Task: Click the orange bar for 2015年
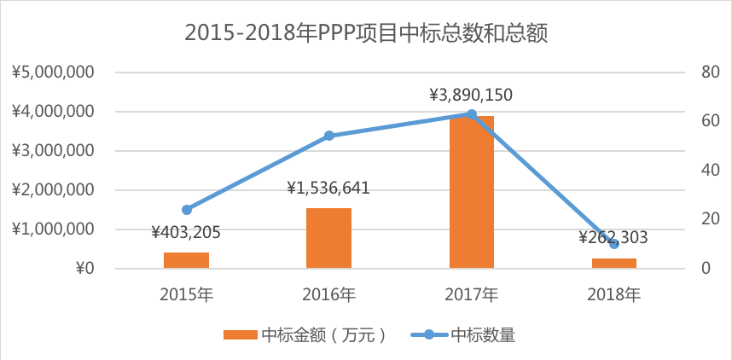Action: click(x=186, y=260)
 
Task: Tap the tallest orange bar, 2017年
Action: click(x=471, y=192)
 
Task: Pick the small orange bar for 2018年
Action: click(x=614, y=263)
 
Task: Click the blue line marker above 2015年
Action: click(x=187, y=209)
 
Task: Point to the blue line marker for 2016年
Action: click(x=329, y=136)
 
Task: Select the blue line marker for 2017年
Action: click(x=472, y=113)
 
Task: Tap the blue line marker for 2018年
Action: click(x=614, y=244)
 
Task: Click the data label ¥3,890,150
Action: click(x=472, y=95)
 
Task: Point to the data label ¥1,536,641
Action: click(x=328, y=188)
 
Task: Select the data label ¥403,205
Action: click(x=187, y=231)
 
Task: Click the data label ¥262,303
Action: click(x=614, y=237)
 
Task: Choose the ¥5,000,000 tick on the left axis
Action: click(x=53, y=73)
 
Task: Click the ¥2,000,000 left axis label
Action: click(x=53, y=190)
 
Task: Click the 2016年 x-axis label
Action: click(x=329, y=295)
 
